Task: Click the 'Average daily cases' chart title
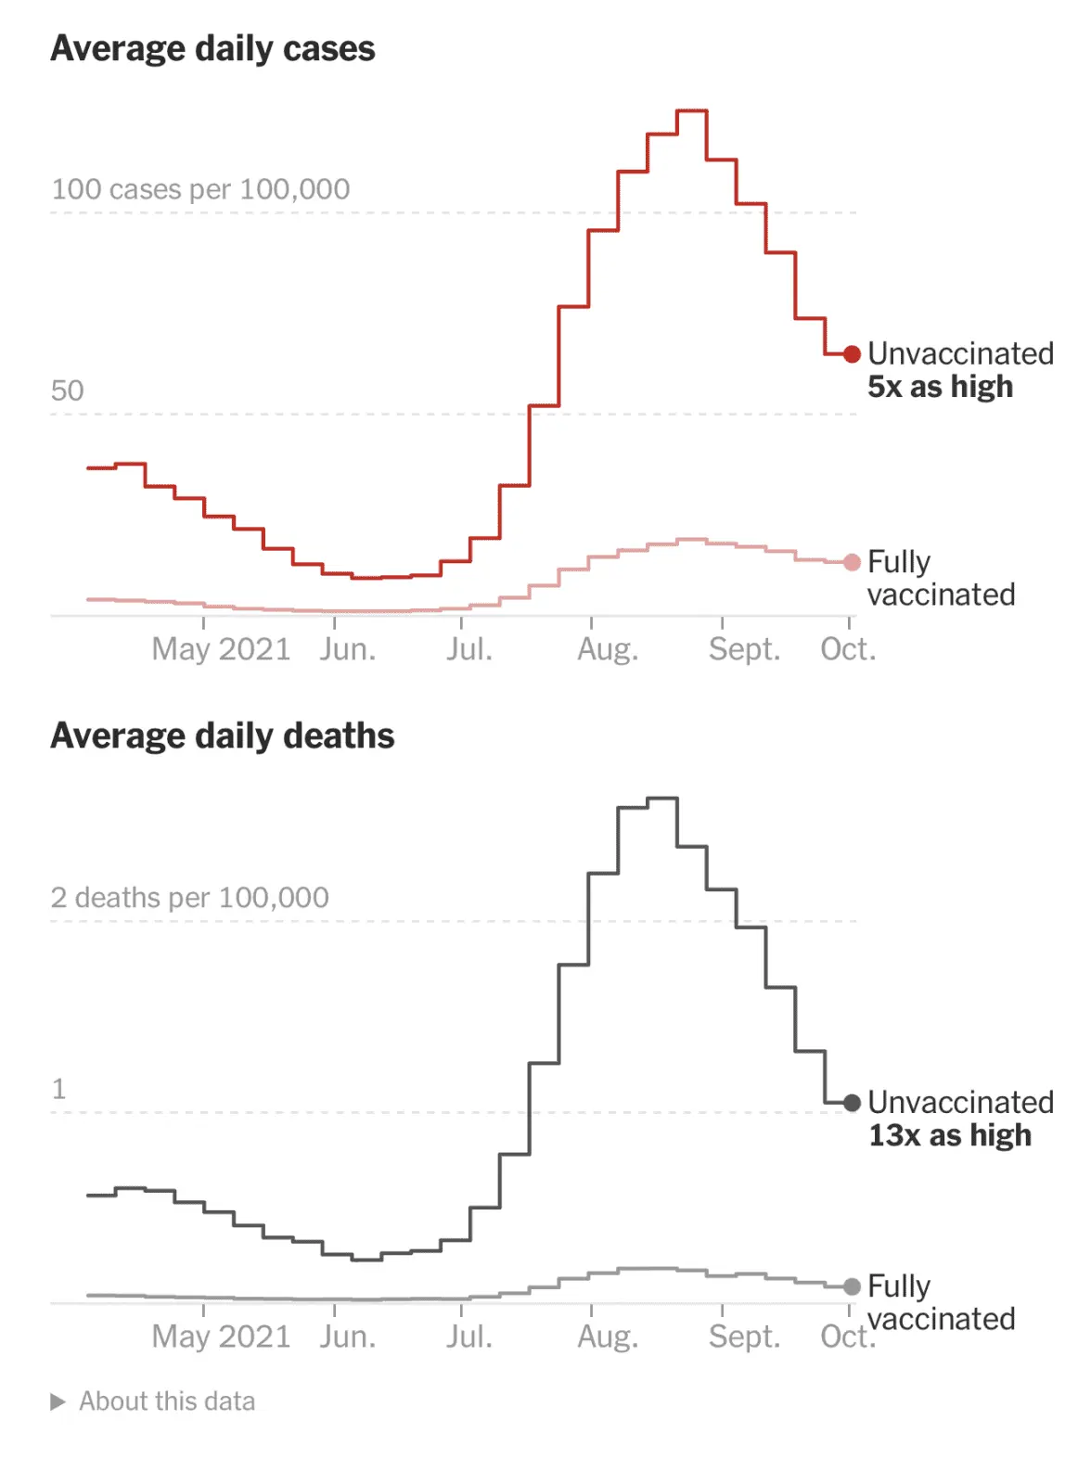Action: tap(212, 48)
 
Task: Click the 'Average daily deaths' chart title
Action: tap(223, 736)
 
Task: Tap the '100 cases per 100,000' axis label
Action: tap(200, 189)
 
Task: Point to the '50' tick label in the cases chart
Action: tap(67, 390)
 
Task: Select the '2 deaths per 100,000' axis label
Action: tap(189, 897)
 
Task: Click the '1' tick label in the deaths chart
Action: tap(59, 1088)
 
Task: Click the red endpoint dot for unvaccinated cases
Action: tap(852, 354)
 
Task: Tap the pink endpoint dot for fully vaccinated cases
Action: tap(852, 562)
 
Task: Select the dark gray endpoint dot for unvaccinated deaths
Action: tap(852, 1103)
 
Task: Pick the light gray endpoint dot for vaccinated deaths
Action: tap(852, 1286)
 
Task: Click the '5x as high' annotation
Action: tap(940, 387)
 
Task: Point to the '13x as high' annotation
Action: tap(949, 1135)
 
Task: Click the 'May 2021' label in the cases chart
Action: tap(221, 649)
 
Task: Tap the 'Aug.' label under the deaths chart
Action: tap(608, 1337)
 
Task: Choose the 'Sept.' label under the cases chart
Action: tap(744, 649)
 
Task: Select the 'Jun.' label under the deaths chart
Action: tap(348, 1337)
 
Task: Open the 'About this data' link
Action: tap(167, 1401)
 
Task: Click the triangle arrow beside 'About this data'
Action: tap(58, 1401)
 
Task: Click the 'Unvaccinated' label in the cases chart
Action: tap(960, 353)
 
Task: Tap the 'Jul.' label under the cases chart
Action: tap(468, 649)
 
